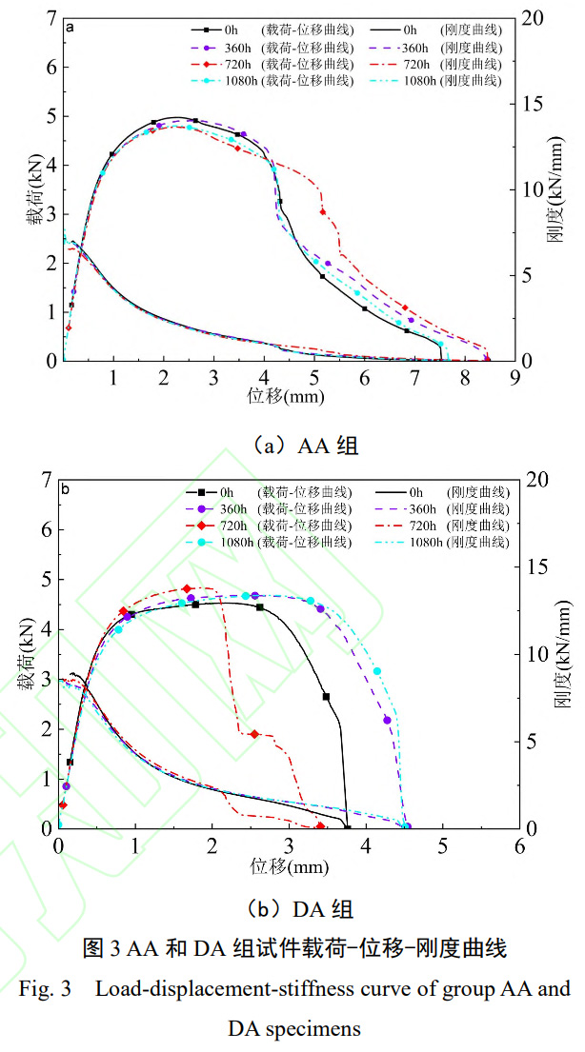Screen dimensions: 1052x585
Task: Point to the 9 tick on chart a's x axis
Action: click(x=514, y=377)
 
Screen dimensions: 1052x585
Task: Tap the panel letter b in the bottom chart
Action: click(x=65, y=490)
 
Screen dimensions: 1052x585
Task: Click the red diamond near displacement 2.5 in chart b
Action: click(x=253, y=734)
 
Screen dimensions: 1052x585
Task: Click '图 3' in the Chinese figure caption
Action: click(x=101, y=948)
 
